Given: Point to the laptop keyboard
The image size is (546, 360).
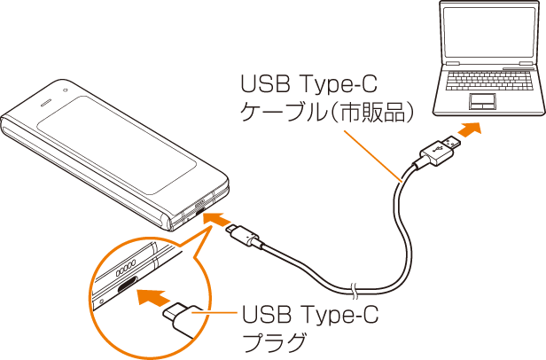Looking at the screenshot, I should (483, 81).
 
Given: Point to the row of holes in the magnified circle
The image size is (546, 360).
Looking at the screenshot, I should (125, 265).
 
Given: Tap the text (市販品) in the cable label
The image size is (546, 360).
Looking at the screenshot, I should (367, 113).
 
